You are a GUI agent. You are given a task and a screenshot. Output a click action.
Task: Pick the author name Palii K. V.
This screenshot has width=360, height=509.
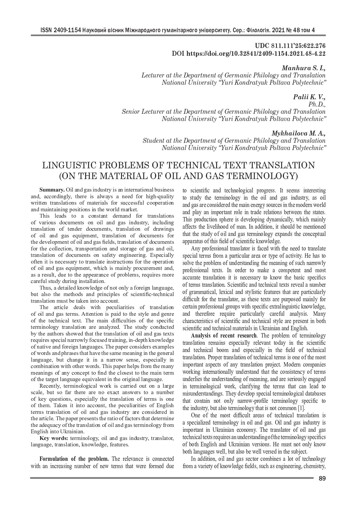tap(309, 97)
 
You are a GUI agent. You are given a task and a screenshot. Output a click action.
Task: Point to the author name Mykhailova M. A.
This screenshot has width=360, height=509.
tap(298, 133)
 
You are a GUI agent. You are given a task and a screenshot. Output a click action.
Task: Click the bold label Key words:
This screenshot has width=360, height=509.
tap(54, 438)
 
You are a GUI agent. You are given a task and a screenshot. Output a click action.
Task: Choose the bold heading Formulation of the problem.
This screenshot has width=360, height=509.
tap(74, 459)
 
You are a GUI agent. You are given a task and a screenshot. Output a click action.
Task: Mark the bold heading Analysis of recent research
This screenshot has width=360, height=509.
tap(224, 336)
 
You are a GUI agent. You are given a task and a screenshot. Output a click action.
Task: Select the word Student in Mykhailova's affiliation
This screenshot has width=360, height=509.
tap(153, 141)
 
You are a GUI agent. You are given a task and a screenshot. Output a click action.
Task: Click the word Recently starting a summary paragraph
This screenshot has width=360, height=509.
tap(50, 386)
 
